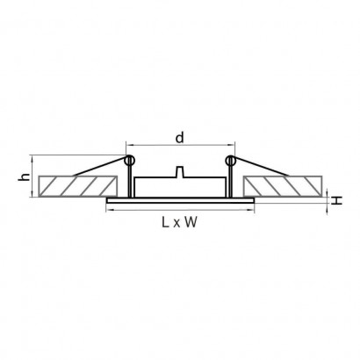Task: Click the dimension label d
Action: [x=180, y=137]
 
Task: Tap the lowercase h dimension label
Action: [x=25, y=176]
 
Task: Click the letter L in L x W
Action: [x=166, y=222]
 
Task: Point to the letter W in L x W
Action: [x=191, y=222]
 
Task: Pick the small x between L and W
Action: [x=176, y=224]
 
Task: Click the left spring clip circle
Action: [x=129, y=160]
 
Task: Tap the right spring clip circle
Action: [x=231, y=160]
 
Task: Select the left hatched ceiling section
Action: [x=78, y=186]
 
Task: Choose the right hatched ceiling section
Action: [x=283, y=186]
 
